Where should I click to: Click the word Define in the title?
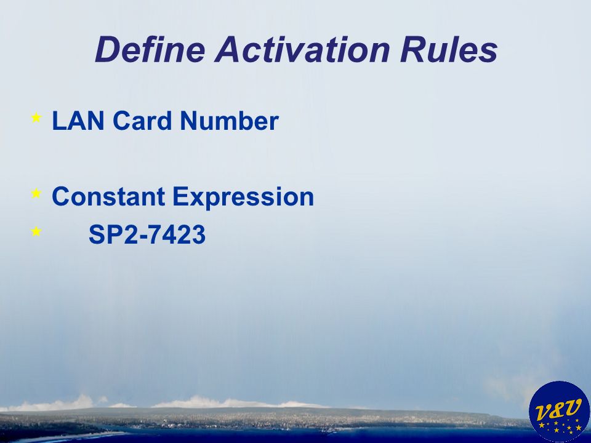coord(150,49)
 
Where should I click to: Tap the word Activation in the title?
coord(302,49)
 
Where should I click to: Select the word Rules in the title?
coord(449,49)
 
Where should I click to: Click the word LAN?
coord(78,121)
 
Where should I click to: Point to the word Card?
coord(142,121)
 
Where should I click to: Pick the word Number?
coord(229,121)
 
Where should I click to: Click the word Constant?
coord(108,197)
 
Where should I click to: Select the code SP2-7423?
coord(147,234)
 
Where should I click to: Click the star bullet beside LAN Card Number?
coord(36,118)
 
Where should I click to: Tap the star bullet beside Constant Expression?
coord(36,193)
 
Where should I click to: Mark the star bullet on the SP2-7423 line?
coord(36,231)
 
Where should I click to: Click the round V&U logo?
coord(560,412)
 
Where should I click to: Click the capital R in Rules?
coord(412,49)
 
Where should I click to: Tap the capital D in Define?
coord(108,49)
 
